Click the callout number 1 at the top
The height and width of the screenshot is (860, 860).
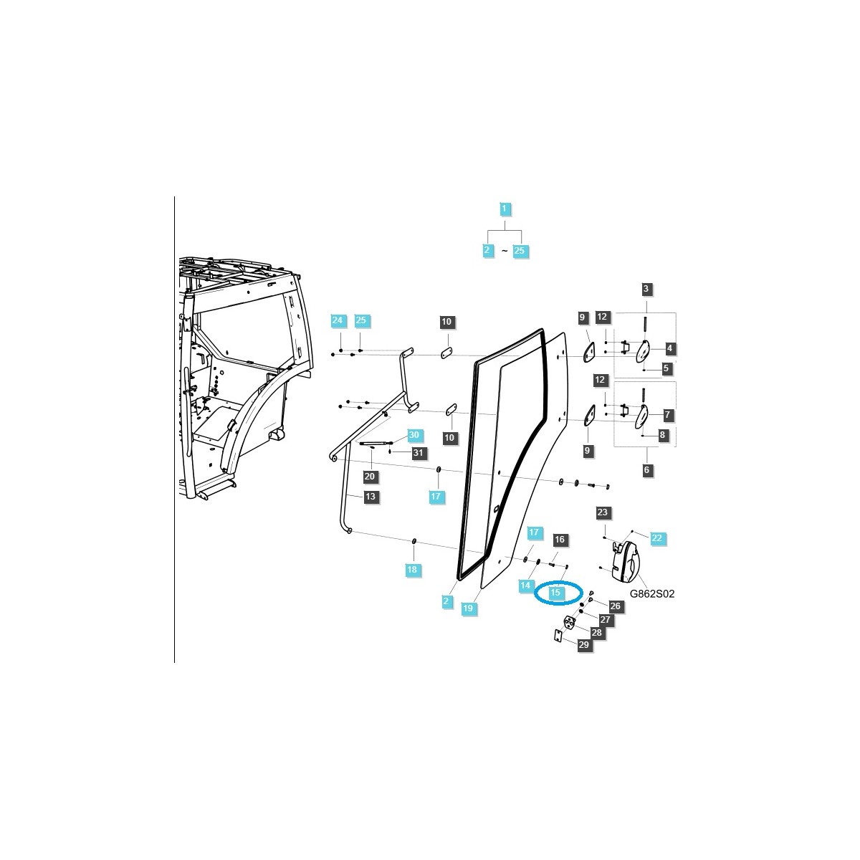click(x=504, y=209)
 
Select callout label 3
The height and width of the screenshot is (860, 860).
click(x=646, y=290)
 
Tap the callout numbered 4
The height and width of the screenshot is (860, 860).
click(x=669, y=348)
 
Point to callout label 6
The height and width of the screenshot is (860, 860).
click(x=646, y=470)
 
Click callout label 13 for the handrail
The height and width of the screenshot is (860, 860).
click(x=371, y=497)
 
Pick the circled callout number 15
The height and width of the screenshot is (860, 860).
click(x=555, y=593)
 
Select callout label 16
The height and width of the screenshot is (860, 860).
click(x=560, y=539)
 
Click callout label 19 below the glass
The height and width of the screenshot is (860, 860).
click(x=468, y=608)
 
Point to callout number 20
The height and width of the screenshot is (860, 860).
click(x=371, y=477)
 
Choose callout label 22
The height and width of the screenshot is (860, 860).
click(x=657, y=537)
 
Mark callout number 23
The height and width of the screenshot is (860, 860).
click(x=602, y=512)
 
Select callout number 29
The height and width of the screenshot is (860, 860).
click(x=583, y=645)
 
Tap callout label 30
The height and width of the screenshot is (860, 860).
click(x=414, y=435)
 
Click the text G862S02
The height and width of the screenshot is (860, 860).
click(x=652, y=594)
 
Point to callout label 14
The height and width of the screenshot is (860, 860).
click(x=526, y=586)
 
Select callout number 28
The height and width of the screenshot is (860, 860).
click(x=596, y=633)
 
